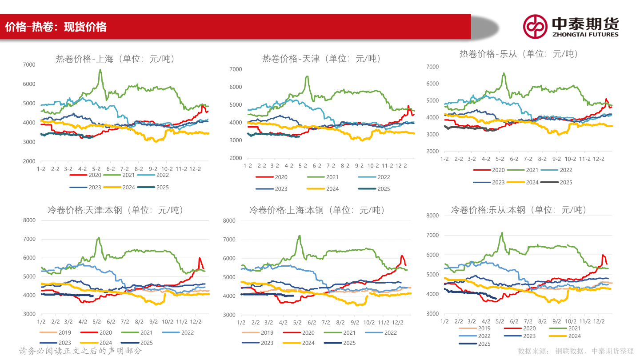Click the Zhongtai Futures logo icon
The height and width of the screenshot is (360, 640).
pyautogui.click(x=535, y=27)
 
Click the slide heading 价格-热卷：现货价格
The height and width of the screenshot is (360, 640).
pyautogui.click(x=56, y=27)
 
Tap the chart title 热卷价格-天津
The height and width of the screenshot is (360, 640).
pyautogui.click(x=321, y=59)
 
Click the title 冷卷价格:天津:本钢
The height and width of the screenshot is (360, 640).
pyautogui.click(x=115, y=210)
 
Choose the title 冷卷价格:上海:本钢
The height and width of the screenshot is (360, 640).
pyautogui.click(x=317, y=210)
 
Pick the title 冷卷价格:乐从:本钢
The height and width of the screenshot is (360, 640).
pyautogui.click(x=519, y=210)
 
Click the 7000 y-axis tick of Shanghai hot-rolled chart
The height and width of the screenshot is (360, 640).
pyautogui.click(x=29, y=65)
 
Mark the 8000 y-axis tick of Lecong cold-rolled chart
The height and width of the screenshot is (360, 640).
pyautogui.click(x=432, y=216)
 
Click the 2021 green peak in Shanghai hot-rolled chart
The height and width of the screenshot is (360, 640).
pyautogui.click(x=100, y=70)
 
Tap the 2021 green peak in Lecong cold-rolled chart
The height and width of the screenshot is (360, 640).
pyautogui.click(x=502, y=233)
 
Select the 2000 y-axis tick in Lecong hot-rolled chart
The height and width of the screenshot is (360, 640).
pyautogui.click(x=432, y=151)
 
